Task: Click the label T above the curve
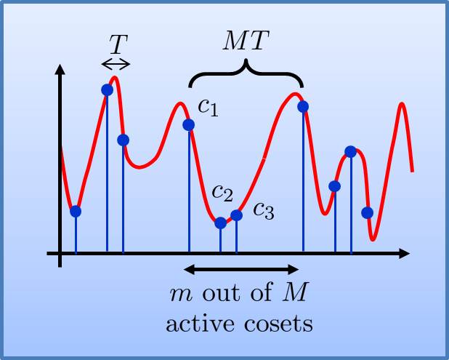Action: tap(117, 46)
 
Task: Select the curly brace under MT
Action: tap(246, 73)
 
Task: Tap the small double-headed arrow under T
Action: tap(116, 64)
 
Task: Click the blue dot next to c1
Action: tap(189, 124)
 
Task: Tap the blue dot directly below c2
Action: tap(221, 223)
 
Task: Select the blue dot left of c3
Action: tap(236, 215)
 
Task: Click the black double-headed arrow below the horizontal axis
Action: tap(241, 270)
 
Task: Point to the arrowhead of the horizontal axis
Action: tap(404, 253)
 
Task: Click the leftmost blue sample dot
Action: tap(76, 211)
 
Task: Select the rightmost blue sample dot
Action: tap(367, 212)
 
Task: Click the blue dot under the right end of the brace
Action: tap(303, 107)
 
